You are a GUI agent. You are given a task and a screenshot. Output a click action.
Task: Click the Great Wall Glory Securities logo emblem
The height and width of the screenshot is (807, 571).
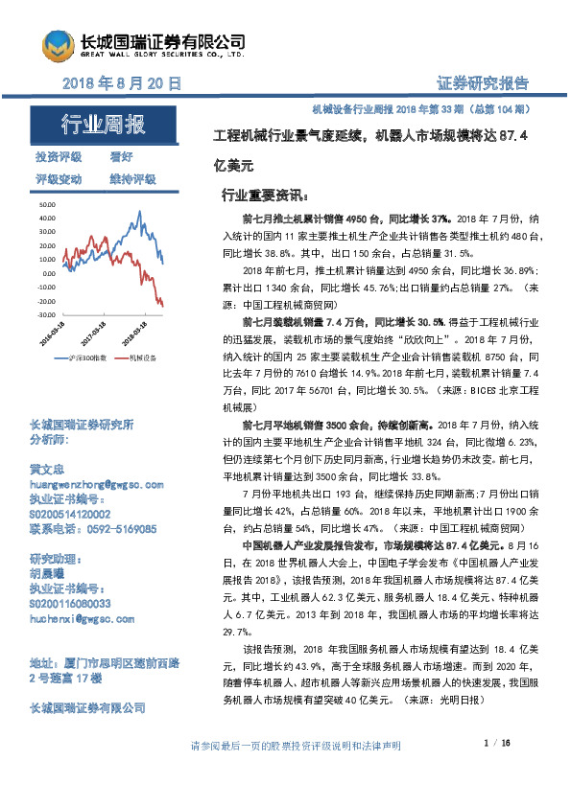point(56,45)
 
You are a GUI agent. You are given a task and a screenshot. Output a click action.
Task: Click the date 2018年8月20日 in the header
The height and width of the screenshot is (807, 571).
point(121,84)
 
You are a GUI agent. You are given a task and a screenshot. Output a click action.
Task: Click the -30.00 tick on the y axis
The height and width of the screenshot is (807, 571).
point(46,314)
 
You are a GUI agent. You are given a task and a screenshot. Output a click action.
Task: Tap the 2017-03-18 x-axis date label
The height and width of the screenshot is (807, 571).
point(93,334)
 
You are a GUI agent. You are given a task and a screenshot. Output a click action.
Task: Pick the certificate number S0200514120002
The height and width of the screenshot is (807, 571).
point(77,515)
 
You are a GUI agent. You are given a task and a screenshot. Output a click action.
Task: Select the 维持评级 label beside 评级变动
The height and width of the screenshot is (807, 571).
point(134,178)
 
